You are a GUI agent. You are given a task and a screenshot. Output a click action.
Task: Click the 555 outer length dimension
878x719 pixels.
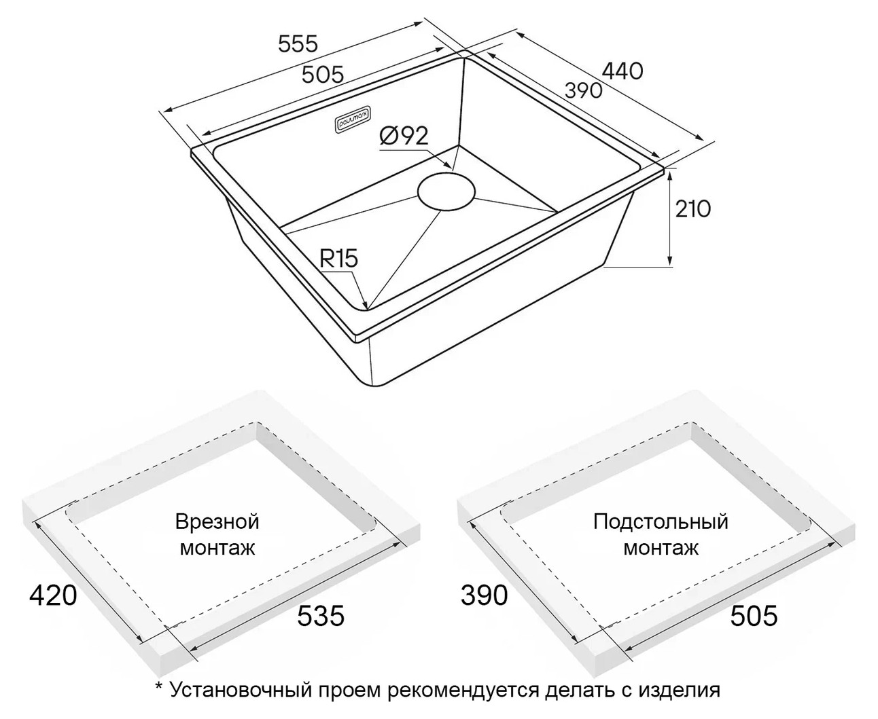pos(298,44)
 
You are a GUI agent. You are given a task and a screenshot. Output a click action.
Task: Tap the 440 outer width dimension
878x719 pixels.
pos(622,71)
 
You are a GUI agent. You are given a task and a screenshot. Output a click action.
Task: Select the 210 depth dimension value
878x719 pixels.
pos(692,210)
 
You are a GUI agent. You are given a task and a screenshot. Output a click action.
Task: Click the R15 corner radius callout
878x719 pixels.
pos(338,259)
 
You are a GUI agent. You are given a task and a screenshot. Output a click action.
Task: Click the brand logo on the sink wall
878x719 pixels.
pos(354,121)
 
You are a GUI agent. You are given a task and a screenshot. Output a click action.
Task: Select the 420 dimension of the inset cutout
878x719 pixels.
pos(53,595)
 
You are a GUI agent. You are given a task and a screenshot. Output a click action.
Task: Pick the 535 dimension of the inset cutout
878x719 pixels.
pos(321,616)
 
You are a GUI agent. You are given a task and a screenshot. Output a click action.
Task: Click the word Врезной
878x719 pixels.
pos(217,522)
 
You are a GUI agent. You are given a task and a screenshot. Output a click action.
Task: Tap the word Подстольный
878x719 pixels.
pos(661,522)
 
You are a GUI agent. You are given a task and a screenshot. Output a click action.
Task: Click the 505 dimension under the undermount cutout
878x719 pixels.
pos(754,616)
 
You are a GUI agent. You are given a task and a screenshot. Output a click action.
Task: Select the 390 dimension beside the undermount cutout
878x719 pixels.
pos(484,595)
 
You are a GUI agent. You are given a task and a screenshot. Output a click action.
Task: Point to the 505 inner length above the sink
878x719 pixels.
pos(323,75)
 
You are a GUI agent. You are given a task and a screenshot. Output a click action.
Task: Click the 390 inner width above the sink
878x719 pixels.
pos(583,91)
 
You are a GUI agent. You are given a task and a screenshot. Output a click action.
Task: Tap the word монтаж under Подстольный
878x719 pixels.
pos(661,548)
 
